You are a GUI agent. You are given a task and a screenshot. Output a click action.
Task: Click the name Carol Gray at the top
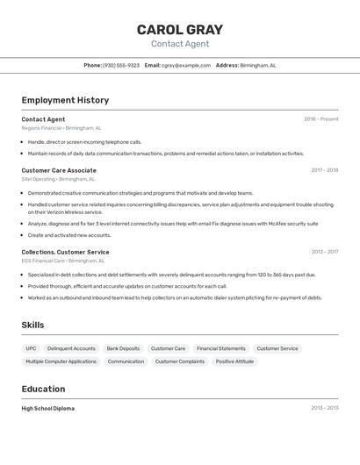pyautogui.click(x=180, y=30)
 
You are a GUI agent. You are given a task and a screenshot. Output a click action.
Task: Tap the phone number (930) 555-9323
pyautogui.click(x=121, y=65)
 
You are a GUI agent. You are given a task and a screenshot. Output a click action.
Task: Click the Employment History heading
pyautogui.click(x=65, y=100)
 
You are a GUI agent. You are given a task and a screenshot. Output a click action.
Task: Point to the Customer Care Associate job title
pyautogui.click(x=59, y=170)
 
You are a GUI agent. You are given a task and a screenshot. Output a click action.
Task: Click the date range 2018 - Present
pyautogui.click(x=320, y=119)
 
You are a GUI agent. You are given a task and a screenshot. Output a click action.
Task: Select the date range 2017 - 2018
pyautogui.click(x=324, y=170)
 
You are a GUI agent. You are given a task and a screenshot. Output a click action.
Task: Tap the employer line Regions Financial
pyautogui.click(x=61, y=128)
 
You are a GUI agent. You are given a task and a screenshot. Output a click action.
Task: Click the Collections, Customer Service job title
pyautogui.click(x=66, y=252)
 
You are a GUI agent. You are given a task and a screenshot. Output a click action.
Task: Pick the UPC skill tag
pyautogui.click(x=31, y=348)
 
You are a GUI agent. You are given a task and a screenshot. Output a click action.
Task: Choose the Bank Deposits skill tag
pyautogui.click(x=123, y=348)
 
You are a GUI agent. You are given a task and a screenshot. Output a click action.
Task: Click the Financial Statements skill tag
pyautogui.click(x=220, y=348)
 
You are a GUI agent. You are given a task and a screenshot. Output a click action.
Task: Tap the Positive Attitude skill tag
pyautogui.click(x=234, y=361)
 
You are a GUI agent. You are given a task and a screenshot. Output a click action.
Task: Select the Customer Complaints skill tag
pyautogui.click(x=180, y=361)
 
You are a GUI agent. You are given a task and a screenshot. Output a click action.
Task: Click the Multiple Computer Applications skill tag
pyautogui.click(x=61, y=361)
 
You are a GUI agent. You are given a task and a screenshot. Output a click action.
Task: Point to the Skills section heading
pyautogui.click(x=32, y=325)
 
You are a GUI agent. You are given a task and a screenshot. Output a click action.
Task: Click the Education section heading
pyautogui.click(x=43, y=389)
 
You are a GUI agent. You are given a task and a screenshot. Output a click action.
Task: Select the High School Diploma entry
pyautogui.click(x=48, y=408)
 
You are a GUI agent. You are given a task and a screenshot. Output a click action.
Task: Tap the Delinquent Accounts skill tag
pyautogui.click(x=71, y=348)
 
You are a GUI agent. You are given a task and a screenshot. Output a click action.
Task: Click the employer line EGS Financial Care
pyautogui.click(x=63, y=261)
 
